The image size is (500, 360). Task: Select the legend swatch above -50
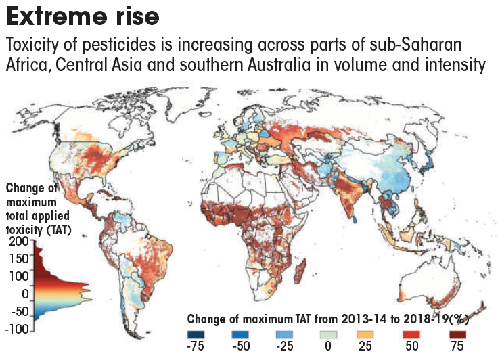click(x=242, y=334)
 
